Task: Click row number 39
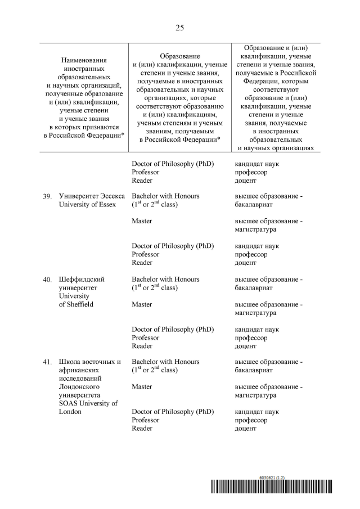pos(47,196)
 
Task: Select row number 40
pos(47,280)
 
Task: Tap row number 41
pos(47,362)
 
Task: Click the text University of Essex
pos(87,205)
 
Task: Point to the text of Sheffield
pos(76,304)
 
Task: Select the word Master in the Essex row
pos(142,221)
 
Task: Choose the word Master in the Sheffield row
pos(142,304)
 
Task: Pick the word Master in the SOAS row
pos(142,387)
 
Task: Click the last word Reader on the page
pos(142,429)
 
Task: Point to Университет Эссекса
pos(90,196)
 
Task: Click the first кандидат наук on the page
pos(256,164)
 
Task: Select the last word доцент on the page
pos(245,429)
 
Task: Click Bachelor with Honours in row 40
pos(165,279)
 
